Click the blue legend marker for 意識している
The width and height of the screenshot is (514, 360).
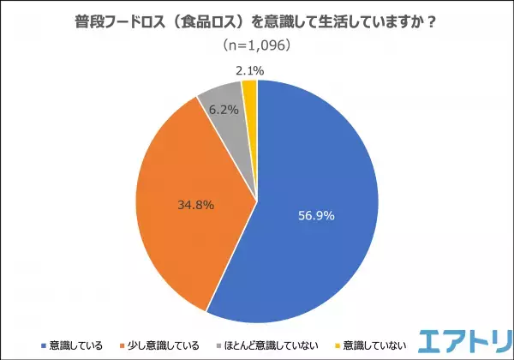pyautogui.click(x=41, y=346)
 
